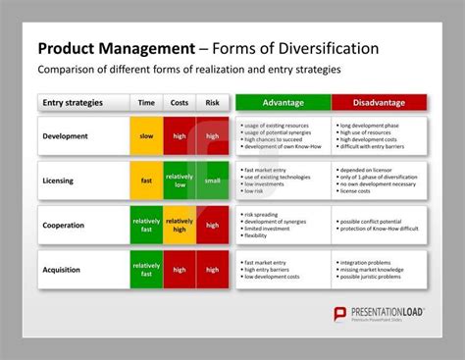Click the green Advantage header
pos(283,103)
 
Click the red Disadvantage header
pos(379,103)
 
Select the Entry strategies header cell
pos(83,103)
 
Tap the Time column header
pos(146,103)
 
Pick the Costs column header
pos(180,103)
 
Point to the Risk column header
pos(212,103)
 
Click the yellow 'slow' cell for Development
pos(146,136)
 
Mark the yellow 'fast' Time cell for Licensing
pos(146,180)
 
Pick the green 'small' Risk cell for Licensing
pos(212,180)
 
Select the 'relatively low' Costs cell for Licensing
pos(180,180)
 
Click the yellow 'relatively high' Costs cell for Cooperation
pos(180,225)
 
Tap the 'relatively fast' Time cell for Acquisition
pos(146,269)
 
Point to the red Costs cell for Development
pos(180,136)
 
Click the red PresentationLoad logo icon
pos(342,313)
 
